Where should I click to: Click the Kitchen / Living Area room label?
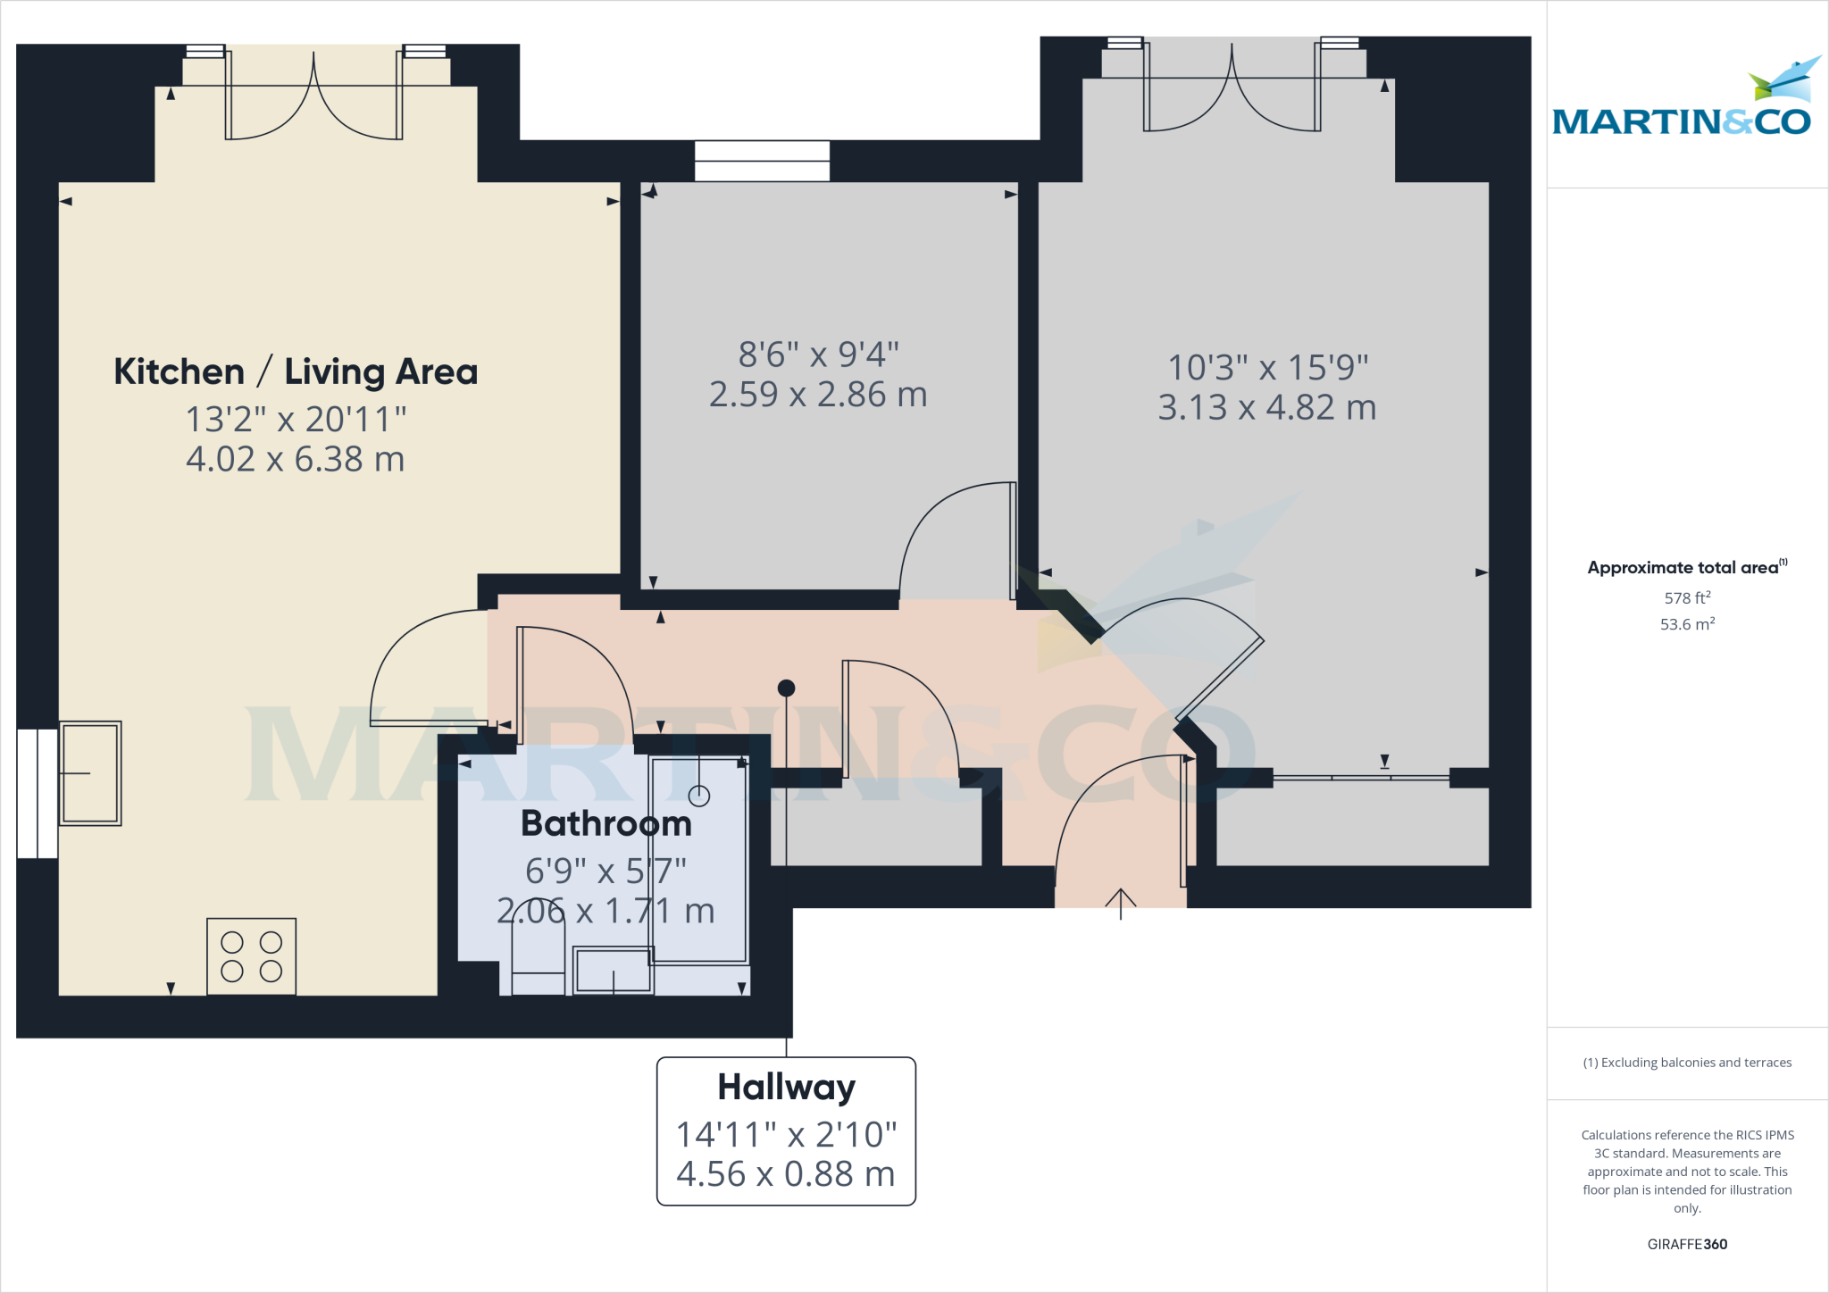coord(296,371)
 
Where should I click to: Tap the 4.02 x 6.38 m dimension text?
coord(296,459)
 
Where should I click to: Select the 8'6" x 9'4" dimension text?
coord(818,355)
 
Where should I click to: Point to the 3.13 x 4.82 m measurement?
coord(1266,407)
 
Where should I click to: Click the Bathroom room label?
coord(606,823)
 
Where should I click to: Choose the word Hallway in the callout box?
coord(786,1087)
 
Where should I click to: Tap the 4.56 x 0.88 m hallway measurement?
coord(786,1174)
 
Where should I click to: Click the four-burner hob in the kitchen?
coord(251,956)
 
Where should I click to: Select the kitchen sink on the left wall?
coord(90,773)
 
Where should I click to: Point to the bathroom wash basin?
coord(613,971)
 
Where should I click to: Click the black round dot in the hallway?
coord(786,688)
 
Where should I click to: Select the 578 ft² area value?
coord(1687,597)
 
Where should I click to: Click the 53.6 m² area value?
coord(1687,624)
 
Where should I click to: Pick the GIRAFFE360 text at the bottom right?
coord(1687,1244)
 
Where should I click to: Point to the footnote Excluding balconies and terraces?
coord(1687,1063)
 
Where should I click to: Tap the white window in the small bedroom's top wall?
coord(762,162)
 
